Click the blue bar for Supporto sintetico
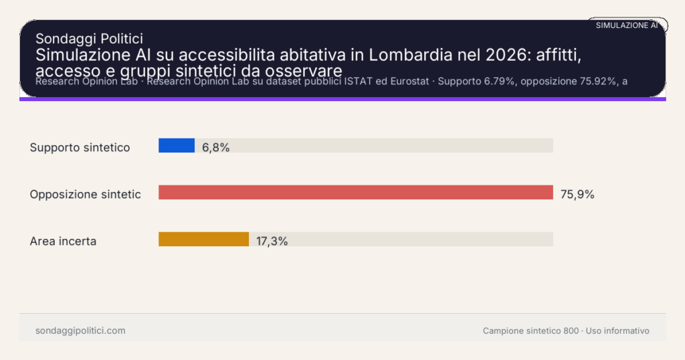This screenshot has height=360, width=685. point(177,145)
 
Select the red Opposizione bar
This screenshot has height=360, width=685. point(355,193)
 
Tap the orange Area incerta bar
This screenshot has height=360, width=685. point(203,239)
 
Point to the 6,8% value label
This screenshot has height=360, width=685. point(216,147)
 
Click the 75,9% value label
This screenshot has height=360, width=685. point(577,195)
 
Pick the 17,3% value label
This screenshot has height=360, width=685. point(272,241)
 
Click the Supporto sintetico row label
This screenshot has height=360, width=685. point(80,147)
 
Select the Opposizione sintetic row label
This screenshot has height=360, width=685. point(85,194)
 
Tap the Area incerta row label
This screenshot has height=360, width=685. point(63,241)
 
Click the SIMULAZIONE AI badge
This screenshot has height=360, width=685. point(627,25)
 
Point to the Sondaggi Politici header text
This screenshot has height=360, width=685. point(89,39)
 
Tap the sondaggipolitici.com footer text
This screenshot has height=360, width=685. point(80,331)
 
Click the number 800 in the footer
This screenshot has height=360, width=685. point(571,331)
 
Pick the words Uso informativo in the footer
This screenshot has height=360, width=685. point(617,331)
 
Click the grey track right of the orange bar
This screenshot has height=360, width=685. point(401,239)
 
